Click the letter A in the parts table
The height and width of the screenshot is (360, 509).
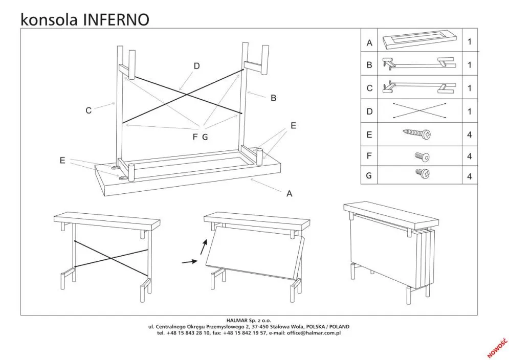(x=369, y=43)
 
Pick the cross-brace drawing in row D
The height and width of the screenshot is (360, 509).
(x=418, y=111)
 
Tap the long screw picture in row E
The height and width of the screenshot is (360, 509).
(x=417, y=134)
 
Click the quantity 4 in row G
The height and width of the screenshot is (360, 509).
(x=469, y=176)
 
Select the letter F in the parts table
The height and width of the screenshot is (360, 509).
(x=369, y=156)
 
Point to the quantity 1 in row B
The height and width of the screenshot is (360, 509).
(x=469, y=65)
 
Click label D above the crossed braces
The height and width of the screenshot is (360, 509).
(x=196, y=66)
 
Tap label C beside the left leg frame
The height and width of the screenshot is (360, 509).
(x=88, y=110)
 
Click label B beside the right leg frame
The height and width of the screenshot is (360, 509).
(x=273, y=98)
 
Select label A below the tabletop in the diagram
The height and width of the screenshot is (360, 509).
(x=290, y=193)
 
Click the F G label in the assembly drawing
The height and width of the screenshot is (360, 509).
(x=201, y=137)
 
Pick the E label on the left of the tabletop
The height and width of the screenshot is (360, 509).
(x=62, y=161)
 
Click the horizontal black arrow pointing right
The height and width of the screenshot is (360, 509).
(x=189, y=262)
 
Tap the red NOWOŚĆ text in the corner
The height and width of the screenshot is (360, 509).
(x=497, y=347)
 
